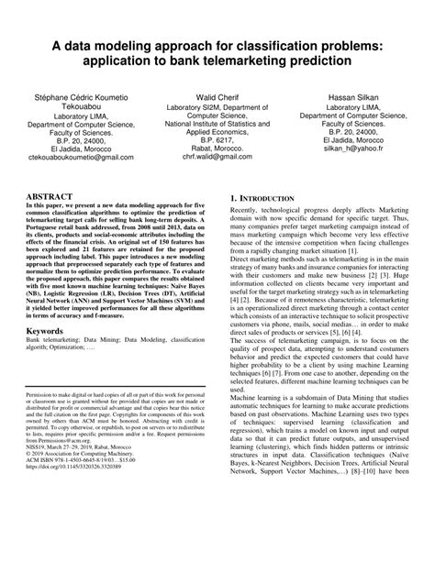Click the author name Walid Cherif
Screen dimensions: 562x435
pyautogui.click(x=217, y=96)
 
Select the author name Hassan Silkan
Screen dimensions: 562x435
pyautogui.click(x=359, y=96)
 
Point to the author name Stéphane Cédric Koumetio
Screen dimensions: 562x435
pyautogui.click(x=75, y=96)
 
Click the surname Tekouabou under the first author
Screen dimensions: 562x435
pyautogui.click(x=75, y=106)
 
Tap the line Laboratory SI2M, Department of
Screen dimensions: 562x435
pyautogui.click(x=217, y=106)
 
